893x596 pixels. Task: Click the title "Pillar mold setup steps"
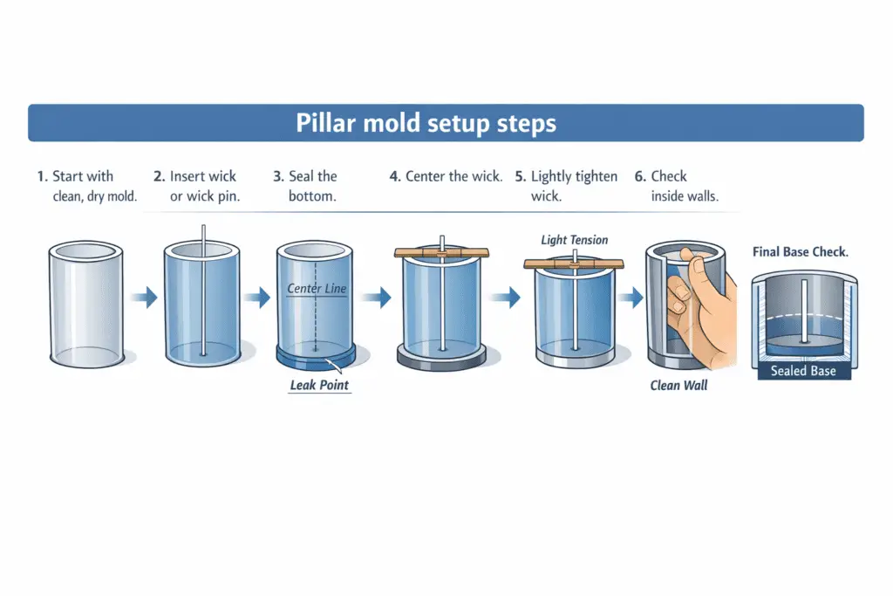426,123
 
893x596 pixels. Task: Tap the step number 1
41,176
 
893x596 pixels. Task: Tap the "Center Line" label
317,288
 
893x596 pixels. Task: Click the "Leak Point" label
321,384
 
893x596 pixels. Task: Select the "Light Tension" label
574,240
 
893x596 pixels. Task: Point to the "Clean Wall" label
678,385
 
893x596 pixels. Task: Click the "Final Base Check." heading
801,252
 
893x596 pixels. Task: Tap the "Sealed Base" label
803,371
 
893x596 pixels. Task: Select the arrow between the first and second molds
144,298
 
